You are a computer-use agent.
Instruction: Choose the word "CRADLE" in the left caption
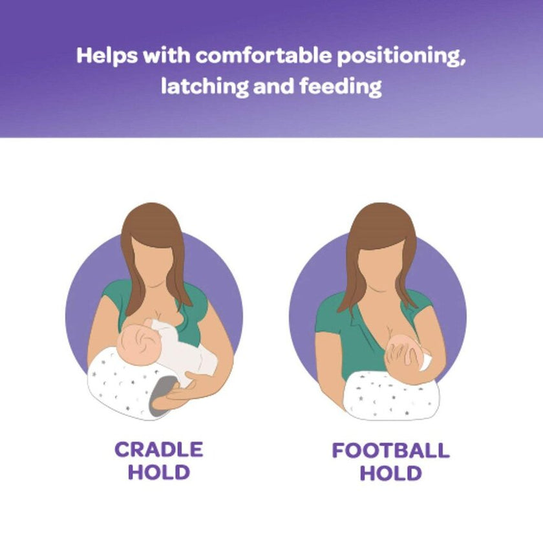158,449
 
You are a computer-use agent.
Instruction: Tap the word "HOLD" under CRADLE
158,472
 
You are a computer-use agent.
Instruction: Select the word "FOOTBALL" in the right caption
390,450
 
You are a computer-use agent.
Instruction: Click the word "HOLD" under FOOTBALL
390,473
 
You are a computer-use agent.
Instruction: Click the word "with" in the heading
166,56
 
